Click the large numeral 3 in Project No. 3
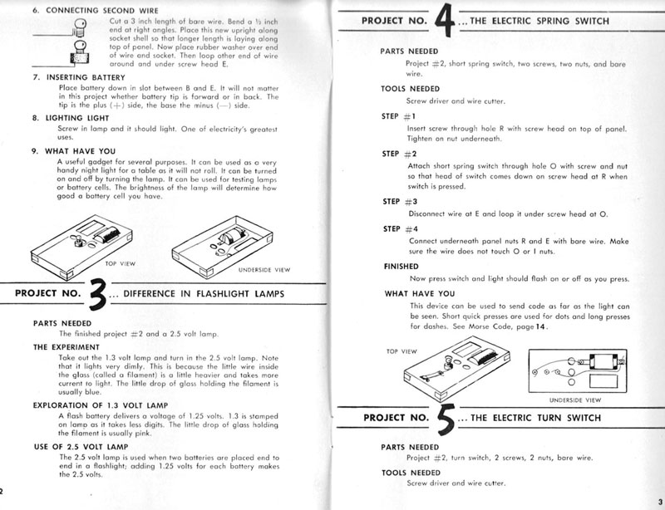pos(97,294)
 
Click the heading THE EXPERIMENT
pos(66,346)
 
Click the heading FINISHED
pos(401,267)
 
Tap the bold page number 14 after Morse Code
pos(540,326)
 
